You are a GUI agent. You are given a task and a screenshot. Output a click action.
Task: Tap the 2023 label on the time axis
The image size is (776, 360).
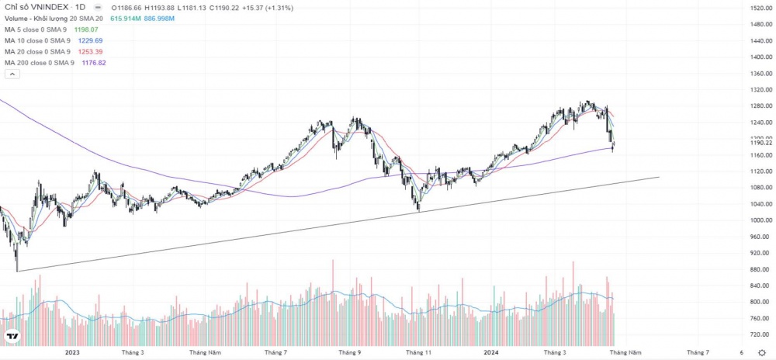point(72,352)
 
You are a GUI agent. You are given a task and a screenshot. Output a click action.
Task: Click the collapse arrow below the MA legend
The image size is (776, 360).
point(12,74)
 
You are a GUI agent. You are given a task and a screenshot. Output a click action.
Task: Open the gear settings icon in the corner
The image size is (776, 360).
point(762,352)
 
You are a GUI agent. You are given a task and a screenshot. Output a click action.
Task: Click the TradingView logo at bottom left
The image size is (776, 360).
point(12,337)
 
